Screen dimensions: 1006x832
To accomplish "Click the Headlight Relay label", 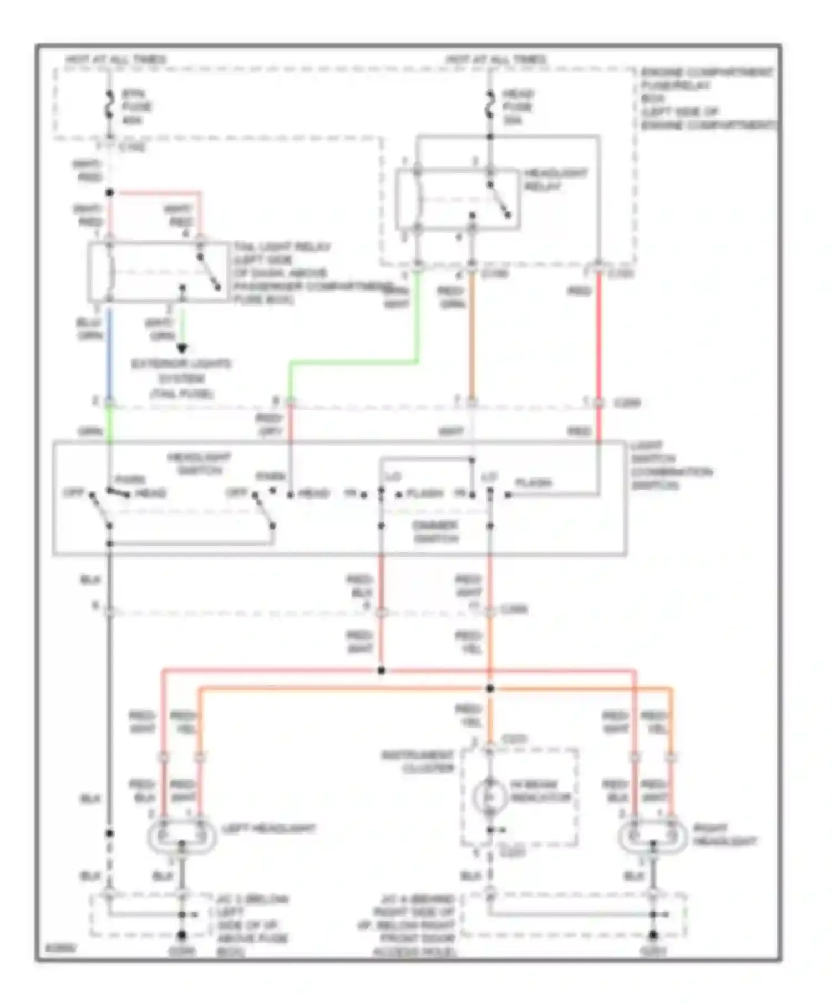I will tap(555, 180).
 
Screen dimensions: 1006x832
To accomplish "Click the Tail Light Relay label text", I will tap(282, 247).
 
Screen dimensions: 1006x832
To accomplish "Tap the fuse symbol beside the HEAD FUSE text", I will tap(490, 105).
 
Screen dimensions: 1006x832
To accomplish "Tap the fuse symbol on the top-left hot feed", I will tap(109, 105).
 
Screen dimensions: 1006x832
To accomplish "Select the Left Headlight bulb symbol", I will tap(182, 835).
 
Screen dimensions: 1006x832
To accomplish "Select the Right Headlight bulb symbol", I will tap(653, 835).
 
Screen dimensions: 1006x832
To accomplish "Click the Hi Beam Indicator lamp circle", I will tap(490, 796).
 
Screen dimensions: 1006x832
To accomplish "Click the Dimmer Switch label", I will tap(435, 531).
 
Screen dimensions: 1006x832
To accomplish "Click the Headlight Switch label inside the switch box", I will tap(199, 464).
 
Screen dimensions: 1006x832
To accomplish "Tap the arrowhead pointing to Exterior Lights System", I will tap(182, 349).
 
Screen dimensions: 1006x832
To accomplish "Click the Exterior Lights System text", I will tap(182, 379).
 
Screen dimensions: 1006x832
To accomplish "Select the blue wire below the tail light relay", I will tap(109, 349).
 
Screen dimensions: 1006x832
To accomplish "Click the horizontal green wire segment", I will tap(355, 363).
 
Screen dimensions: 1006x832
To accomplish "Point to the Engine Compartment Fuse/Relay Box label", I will tap(707, 98).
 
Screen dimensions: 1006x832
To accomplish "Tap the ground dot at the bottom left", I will tap(182, 935).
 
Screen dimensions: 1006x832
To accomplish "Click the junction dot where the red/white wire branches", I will tap(381, 670).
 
